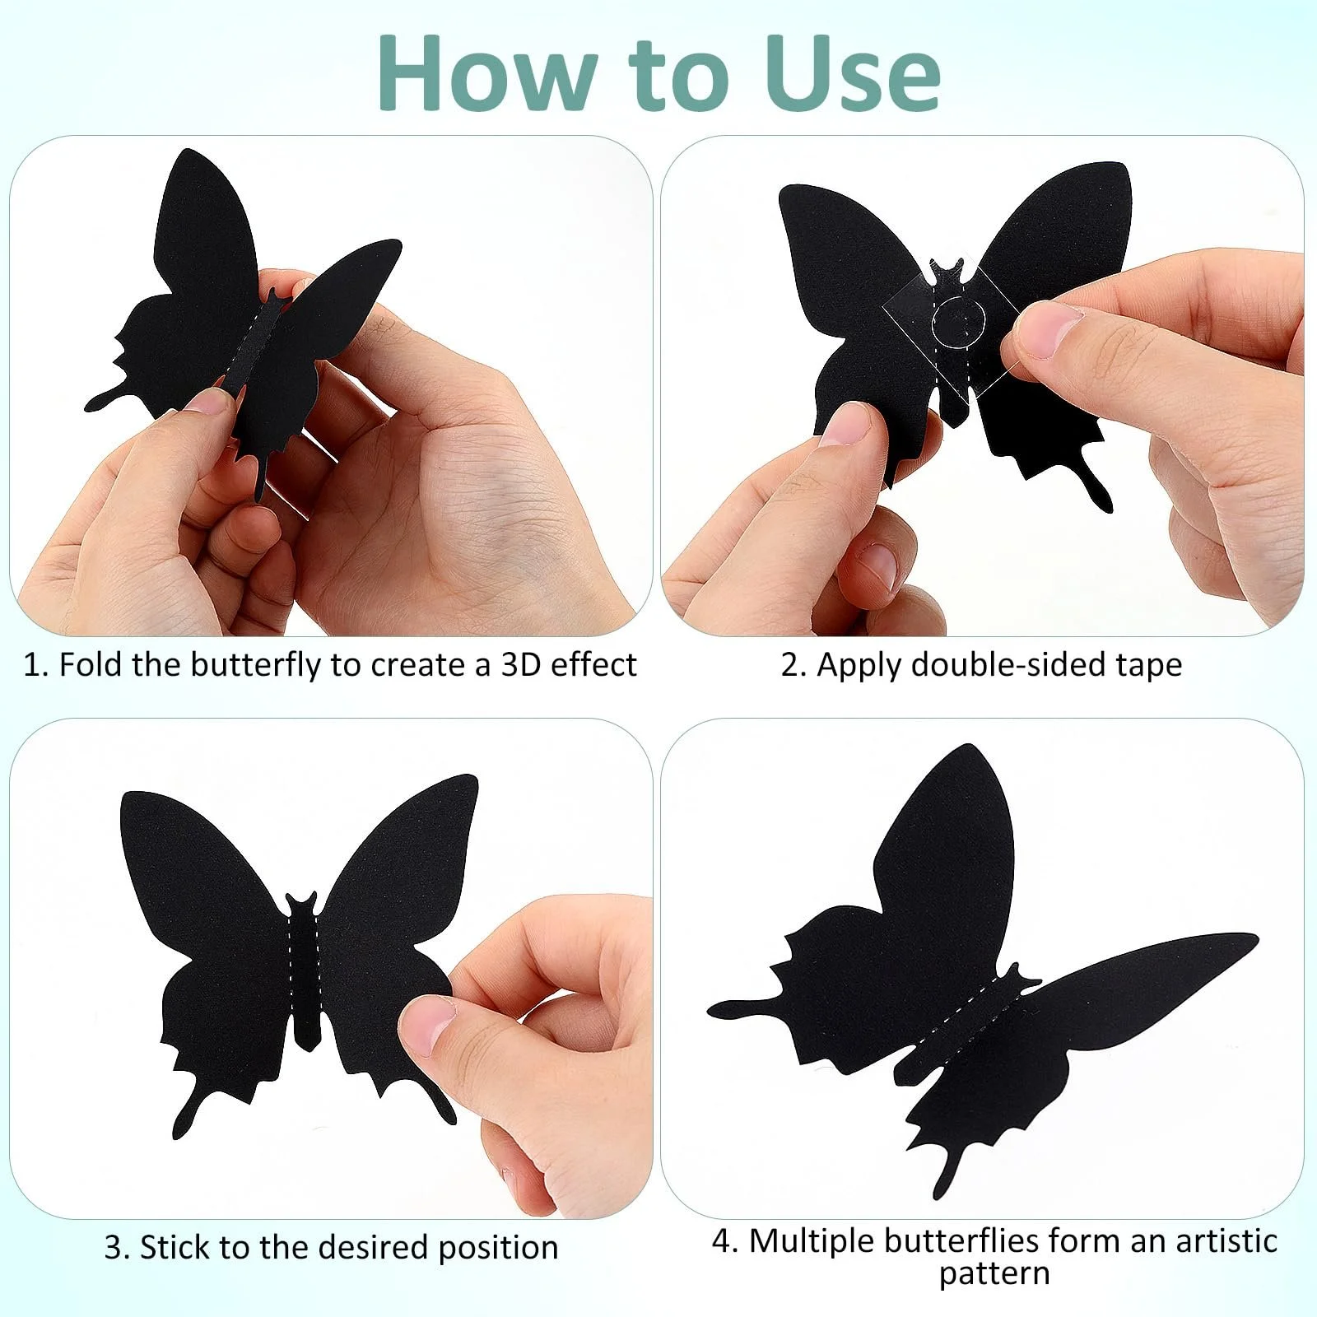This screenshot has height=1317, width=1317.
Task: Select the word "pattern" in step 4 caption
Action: coord(994,1274)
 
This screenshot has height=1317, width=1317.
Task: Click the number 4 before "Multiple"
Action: coord(724,1241)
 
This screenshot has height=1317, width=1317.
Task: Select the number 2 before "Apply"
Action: coord(792,665)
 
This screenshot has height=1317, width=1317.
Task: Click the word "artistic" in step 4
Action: coord(1227,1240)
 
